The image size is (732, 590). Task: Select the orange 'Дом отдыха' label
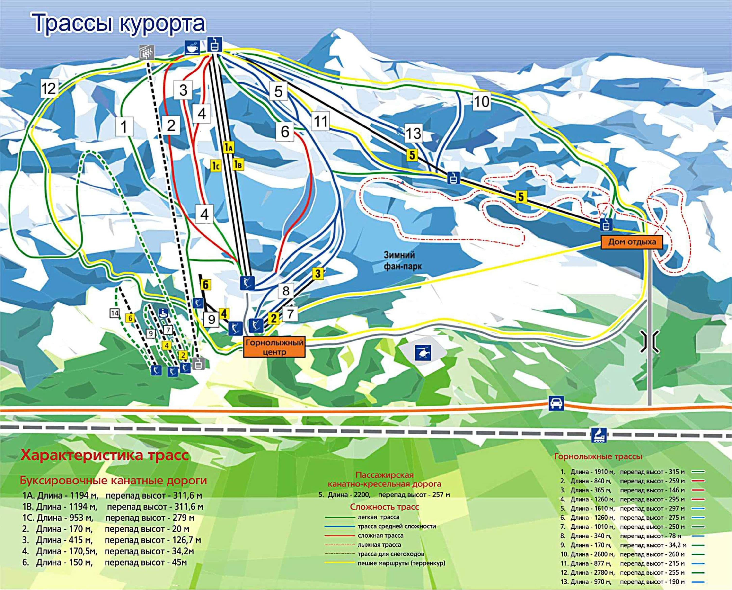pyautogui.click(x=632, y=242)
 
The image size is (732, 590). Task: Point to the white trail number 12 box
pyautogui.click(x=49, y=89)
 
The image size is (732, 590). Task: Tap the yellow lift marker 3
pyautogui.click(x=317, y=273)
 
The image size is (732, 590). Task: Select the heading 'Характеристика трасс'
pyautogui.click(x=105, y=455)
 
